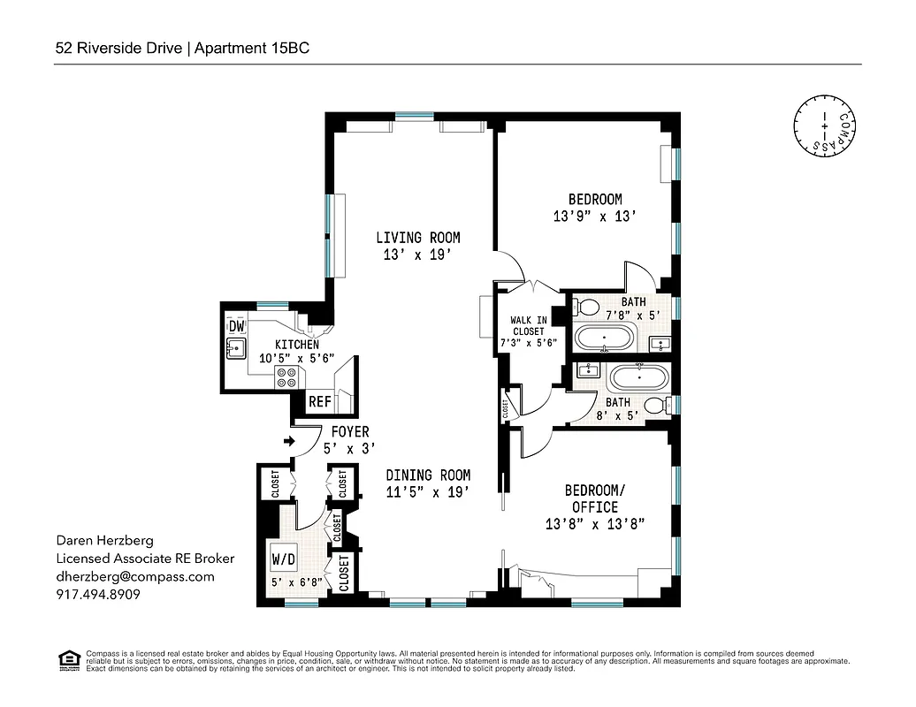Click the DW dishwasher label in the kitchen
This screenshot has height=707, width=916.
click(x=236, y=327)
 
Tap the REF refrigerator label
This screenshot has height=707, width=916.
click(x=319, y=402)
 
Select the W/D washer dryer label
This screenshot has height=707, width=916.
click(x=284, y=559)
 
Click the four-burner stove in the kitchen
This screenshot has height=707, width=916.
click(x=287, y=378)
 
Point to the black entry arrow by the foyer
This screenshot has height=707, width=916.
click(x=288, y=440)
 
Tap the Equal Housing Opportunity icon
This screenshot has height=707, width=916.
click(x=67, y=659)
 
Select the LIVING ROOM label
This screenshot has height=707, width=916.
click(x=417, y=238)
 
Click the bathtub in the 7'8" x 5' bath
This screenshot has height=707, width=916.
click(x=605, y=338)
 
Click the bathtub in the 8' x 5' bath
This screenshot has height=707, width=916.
click(x=638, y=378)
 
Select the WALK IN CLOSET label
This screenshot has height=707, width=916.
click(x=528, y=325)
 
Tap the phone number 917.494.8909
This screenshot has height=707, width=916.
click(x=98, y=595)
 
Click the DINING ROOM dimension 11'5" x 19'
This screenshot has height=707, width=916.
click(x=428, y=491)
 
